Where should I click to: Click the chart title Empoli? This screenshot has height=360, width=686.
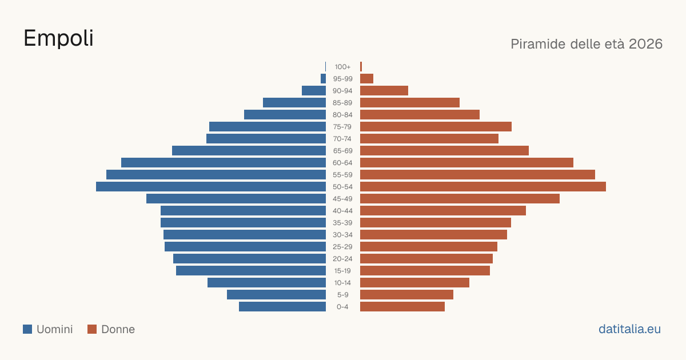(58, 39)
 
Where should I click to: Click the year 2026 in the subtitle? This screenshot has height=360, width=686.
(645, 44)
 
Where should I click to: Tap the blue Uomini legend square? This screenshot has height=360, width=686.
(27, 329)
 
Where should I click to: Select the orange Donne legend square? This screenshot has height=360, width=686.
(92, 329)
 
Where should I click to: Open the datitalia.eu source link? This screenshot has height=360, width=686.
(629, 329)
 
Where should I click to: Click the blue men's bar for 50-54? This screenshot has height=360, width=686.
(211, 187)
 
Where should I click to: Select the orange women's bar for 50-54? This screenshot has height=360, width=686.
(483, 187)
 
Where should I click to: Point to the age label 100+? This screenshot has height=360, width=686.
(342, 67)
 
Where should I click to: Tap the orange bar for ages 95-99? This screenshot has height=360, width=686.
(366, 79)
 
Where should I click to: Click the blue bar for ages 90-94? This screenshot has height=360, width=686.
(314, 91)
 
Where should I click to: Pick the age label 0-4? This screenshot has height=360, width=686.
(342, 307)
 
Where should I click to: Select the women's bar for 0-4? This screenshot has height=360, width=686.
(402, 307)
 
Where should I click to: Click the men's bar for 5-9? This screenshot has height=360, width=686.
(276, 295)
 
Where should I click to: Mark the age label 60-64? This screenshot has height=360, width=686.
(342, 163)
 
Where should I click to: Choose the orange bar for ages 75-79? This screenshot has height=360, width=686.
(436, 127)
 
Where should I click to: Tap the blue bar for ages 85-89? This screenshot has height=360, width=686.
(294, 102)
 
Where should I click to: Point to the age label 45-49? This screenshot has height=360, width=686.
(342, 199)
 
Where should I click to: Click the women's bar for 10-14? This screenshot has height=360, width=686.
(414, 282)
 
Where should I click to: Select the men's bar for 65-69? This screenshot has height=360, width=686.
(249, 151)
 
